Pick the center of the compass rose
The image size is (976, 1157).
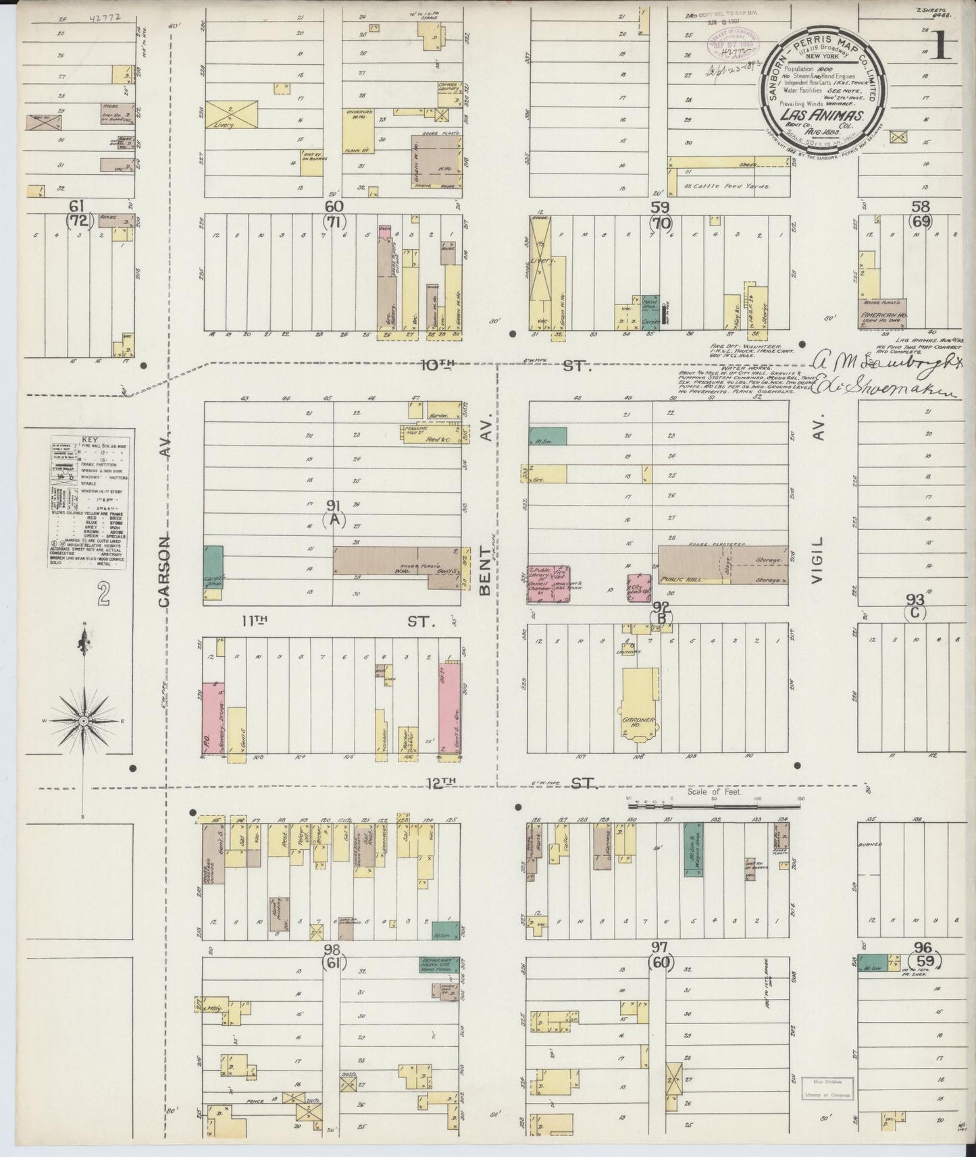point(84,722)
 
